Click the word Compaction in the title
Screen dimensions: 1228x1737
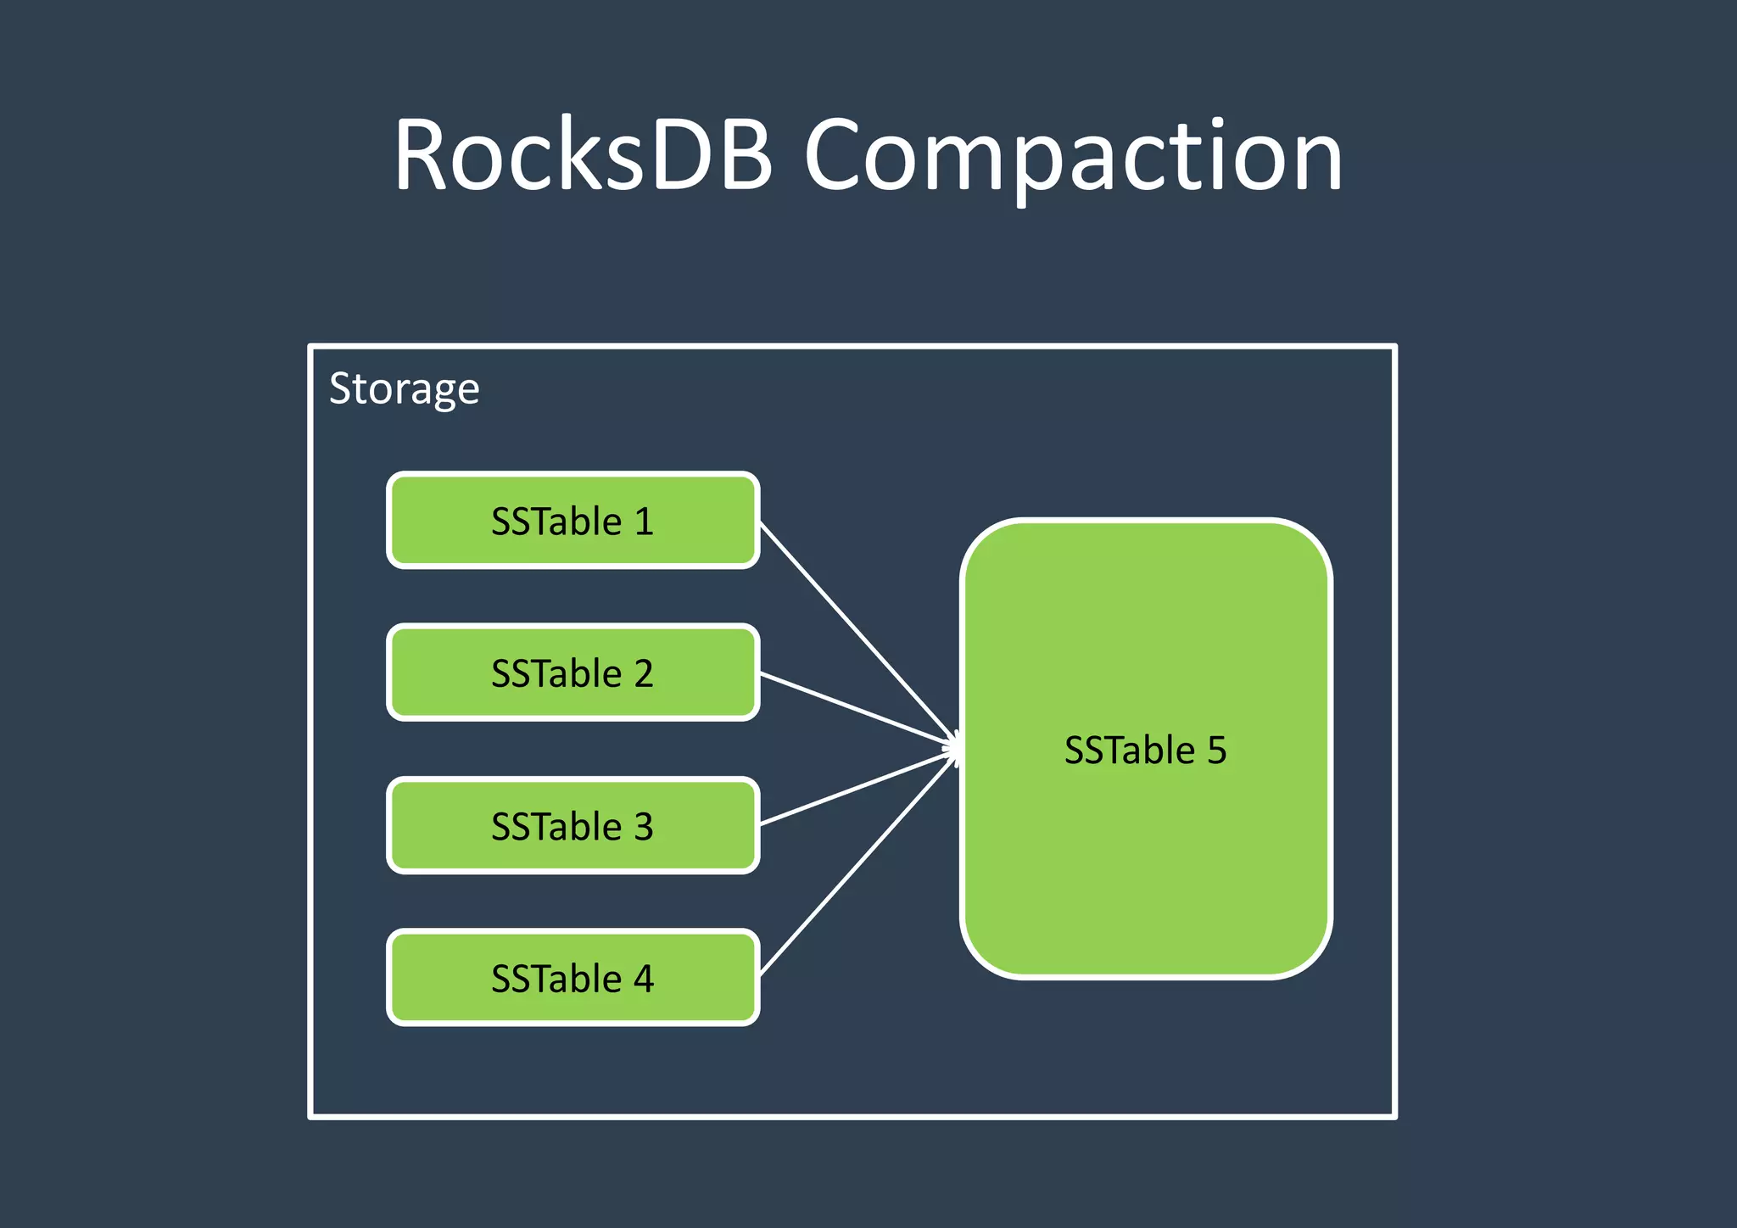point(1073,157)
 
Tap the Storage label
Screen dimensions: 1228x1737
point(404,389)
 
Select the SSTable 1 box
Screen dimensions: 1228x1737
point(573,520)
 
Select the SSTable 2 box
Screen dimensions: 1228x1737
point(573,673)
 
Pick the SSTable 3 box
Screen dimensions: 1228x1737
point(573,825)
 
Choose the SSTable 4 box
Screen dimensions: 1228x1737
point(573,978)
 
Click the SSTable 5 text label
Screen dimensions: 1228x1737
point(1145,750)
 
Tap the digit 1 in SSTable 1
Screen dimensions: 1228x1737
point(645,521)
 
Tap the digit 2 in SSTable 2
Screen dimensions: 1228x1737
point(644,673)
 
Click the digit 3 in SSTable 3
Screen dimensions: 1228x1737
point(644,826)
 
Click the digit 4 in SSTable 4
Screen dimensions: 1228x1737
point(644,979)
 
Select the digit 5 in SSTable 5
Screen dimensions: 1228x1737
point(1217,751)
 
